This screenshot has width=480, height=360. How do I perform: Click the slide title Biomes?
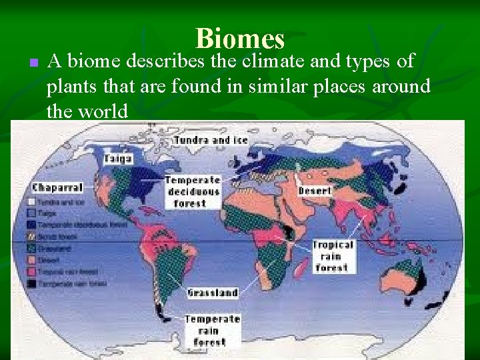240,39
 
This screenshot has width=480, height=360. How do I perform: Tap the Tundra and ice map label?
211,140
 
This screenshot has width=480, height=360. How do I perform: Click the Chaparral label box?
57,187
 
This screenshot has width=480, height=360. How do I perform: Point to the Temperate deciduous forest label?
193,191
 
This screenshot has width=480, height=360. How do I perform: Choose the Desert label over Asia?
315,191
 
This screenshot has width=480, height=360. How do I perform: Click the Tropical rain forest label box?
333,256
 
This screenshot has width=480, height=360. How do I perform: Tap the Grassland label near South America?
213,293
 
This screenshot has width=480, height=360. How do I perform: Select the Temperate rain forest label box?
213,331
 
